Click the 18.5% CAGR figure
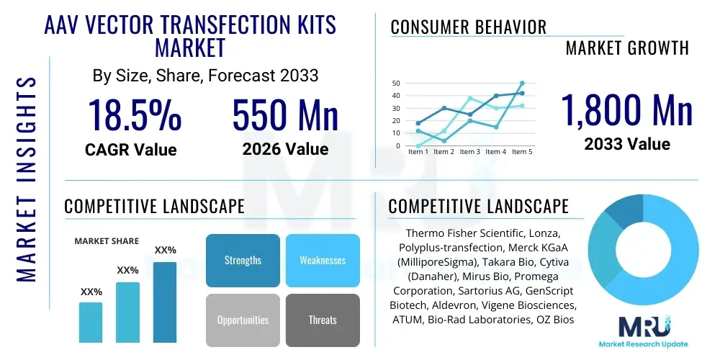click(x=134, y=115)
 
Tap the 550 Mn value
click(x=285, y=115)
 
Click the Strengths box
click(x=243, y=260)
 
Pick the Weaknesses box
click(x=323, y=260)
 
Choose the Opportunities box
click(x=243, y=320)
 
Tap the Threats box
click(x=323, y=320)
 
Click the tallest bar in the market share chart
click(x=165, y=302)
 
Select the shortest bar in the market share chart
click(x=91, y=322)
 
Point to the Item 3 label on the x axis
click(x=469, y=152)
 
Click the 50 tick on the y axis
click(x=396, y=84)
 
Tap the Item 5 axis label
click(x=521, y=152)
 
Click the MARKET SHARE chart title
click(x=107, y=241)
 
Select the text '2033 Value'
click(x=626, y=144)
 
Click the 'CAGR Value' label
click(x=131, y=150)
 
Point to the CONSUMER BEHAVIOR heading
click(x=468, y=27)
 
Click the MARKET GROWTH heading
click(x=627, y=48)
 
